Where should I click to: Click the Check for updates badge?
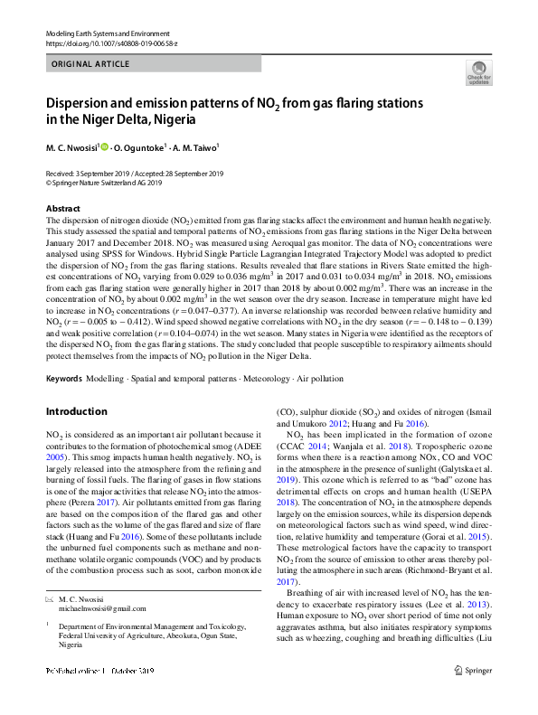pyautogui.click(x=478, y=73)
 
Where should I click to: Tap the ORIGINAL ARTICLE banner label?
pyautogui.click(x=90, y=65)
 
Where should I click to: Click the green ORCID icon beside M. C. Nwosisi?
pyautogui.click(x=104, y=146)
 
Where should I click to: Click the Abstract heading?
pyautogui.click(x=62, y=209)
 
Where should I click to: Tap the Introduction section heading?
pyautogui.click(x=76, y=411)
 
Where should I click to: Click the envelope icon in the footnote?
pyautogui.click(x=50, y=626)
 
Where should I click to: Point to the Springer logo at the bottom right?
pyautogui.click(x=474, y=695)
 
